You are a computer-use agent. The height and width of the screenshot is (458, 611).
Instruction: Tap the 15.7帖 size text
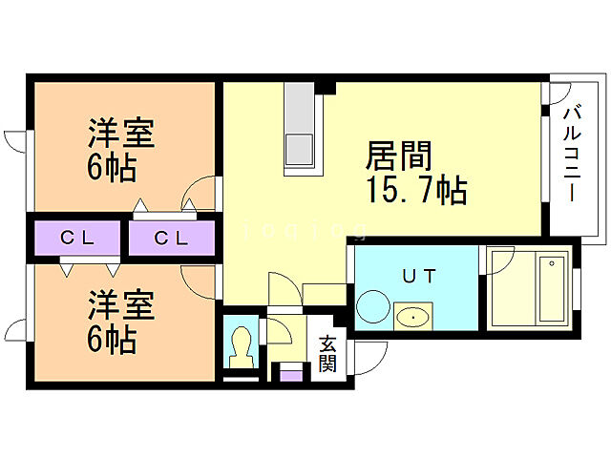tap(414, 191)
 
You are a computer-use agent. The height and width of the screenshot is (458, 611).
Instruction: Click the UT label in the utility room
tap(416, 277)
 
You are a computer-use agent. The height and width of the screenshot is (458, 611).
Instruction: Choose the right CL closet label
tap(172, 239)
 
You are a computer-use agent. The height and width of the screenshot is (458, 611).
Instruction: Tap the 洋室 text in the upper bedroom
tap(121, 132)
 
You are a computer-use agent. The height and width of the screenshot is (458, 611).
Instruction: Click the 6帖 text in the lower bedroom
tap(113, 338)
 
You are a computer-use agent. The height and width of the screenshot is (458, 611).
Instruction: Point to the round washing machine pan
tap(369, 307)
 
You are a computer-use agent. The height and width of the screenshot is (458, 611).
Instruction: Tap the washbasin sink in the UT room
tap(412, 315)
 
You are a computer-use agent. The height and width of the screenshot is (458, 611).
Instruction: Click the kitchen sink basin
tap(300, 150)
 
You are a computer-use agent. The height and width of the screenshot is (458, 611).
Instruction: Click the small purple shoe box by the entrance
tap(288, 372)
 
